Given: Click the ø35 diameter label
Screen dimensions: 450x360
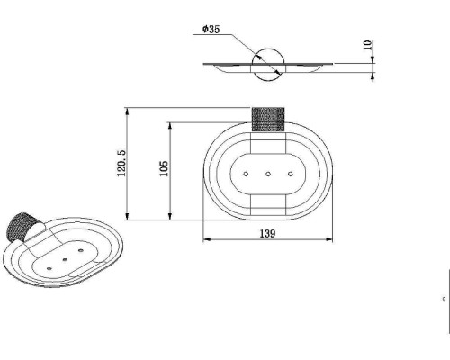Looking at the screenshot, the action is [x=211, y=29].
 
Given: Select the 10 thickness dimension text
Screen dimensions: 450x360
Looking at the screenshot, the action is [x=367, y=45].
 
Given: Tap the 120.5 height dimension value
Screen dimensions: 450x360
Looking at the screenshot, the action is [x=121, y=163].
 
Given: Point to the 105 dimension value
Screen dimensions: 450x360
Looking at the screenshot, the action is [x=164, y=168].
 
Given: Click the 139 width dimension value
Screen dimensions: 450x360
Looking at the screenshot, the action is [x=267, y=233].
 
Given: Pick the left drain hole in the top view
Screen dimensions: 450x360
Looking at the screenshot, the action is [x=246, y=174].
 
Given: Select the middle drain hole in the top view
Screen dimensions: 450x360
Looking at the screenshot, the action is [x=268, y=174].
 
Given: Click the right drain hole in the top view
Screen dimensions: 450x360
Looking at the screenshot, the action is [x=290, y=174].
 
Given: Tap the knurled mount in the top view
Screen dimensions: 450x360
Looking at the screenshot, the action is [x=268, y=119].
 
